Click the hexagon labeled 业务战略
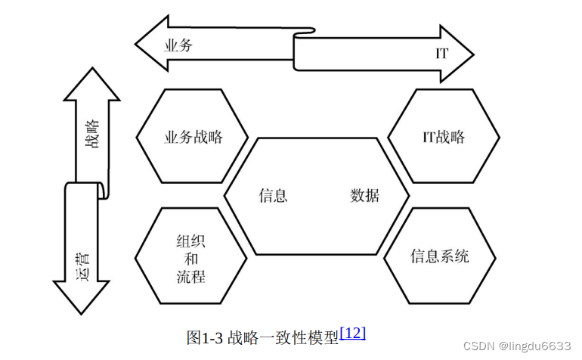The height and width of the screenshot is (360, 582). [x=193, y=136]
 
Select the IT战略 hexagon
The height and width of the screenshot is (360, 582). [x=444, y=136]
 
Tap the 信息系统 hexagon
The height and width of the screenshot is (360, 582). [x=440, y=256]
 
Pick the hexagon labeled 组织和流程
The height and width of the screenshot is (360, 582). [x=191, y=258]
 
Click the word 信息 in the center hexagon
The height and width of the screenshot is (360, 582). [x=273, y=195]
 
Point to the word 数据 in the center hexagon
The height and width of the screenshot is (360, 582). [x=365, y=195]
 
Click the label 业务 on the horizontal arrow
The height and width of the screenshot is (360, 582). [x=179, y=45]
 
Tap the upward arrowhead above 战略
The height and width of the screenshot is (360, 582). [x=91, y=84]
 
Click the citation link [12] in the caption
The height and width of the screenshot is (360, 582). [x=353, y=332]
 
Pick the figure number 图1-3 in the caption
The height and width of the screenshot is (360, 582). [x=204, y=337]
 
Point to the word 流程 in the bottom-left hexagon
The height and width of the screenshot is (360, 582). [x=191, y=276]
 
